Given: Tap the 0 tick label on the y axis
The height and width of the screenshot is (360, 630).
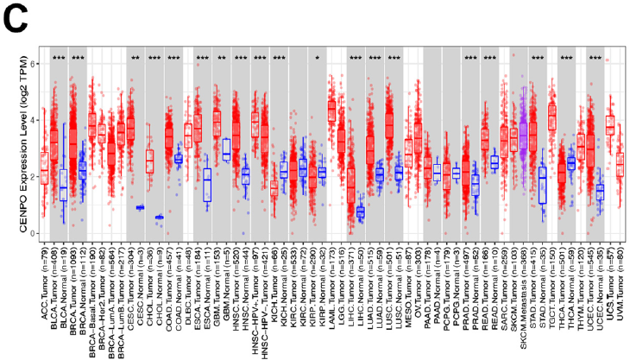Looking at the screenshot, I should [x=32, y=234].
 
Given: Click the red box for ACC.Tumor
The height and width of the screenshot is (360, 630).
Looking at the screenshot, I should [x=44, y=167].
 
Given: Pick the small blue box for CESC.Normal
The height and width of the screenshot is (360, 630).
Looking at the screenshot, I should [x=140, y=207].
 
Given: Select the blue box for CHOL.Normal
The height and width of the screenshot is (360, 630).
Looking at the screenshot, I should [x=159, y=218].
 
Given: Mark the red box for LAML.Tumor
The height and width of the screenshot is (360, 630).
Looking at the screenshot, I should [x=331, y=111].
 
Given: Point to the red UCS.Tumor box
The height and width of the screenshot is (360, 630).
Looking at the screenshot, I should [x=610, y=124].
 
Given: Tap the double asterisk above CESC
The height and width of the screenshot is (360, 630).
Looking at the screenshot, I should [x=135, y=59].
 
